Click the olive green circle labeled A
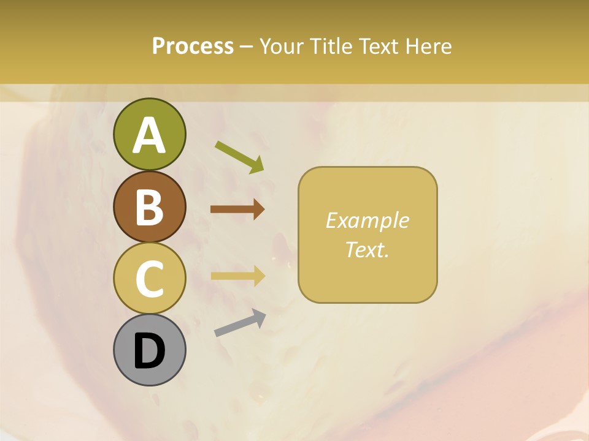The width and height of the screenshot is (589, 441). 149,134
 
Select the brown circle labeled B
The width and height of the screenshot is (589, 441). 149,206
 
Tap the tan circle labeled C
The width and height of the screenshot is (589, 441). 149,278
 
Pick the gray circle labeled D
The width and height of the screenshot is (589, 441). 149,350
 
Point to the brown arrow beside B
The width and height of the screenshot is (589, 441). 237,209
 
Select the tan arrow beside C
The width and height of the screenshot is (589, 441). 237,275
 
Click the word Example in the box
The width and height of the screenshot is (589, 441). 368,221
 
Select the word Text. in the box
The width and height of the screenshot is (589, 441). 368,249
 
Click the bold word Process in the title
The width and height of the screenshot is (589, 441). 193,46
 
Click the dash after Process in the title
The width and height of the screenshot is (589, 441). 247,47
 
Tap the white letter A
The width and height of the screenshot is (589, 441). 149,135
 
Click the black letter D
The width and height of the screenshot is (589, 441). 149,351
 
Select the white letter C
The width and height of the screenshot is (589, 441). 149,279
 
